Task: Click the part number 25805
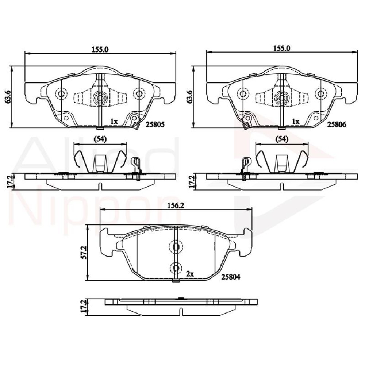click(x=155, y=124)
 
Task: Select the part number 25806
click(x=337, y=124)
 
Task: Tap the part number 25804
click(x=230, y=277)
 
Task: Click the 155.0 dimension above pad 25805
click(x=100, y=49)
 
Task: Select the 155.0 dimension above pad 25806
click(x=282, y=49)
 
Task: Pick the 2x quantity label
click(x=190, y=274)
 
